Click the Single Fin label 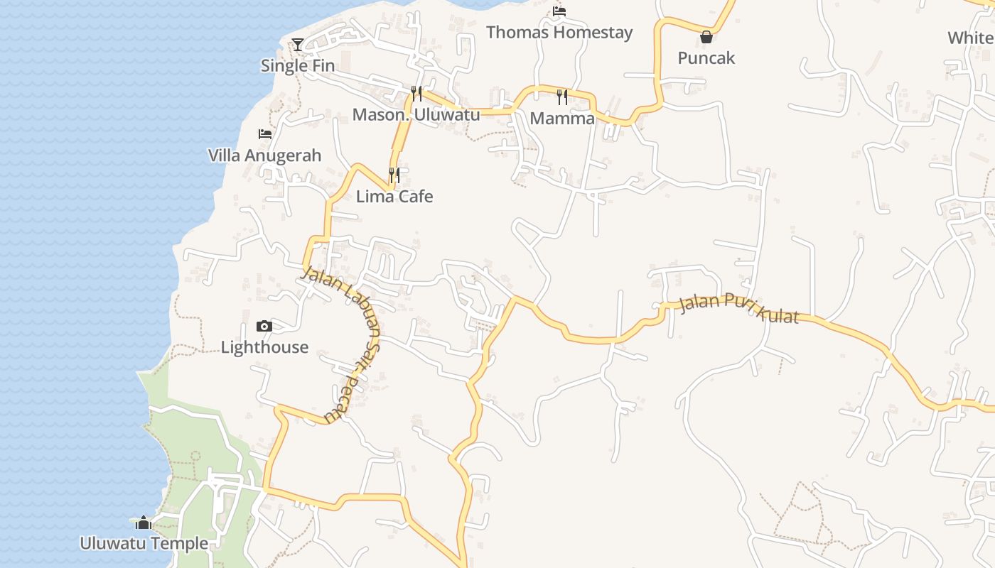(x=297, y=65)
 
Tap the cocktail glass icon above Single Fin (x=298, y=45)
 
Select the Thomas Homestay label (x=559, y=32)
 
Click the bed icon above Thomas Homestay (x=559, y=11)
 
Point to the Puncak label (x=706, y=58)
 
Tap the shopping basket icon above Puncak (x=706, y=37)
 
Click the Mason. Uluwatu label (x=416, y=114)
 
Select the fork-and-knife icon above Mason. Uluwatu (x=416, y=94)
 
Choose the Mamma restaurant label (x=562, y=118)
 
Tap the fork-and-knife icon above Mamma (x=562, y=97)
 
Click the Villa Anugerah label (x=264, y=155)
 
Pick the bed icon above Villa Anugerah (x=265, y=134)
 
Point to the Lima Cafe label (x=394, y=196)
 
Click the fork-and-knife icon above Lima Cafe (x=394, y=175)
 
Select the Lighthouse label (x=264, y=347)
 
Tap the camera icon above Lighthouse (x=264, y=327)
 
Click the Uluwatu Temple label (x=144, y=544)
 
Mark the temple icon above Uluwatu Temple (x=144, y=523)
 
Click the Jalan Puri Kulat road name (x=739, y=309)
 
